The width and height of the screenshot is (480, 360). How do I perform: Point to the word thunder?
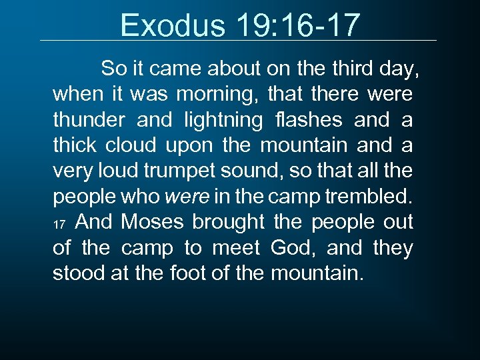click(x=87, y=120)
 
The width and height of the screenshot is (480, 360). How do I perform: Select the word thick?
click(x=74, y=145)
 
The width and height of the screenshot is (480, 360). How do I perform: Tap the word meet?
click(x=236, y=247)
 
